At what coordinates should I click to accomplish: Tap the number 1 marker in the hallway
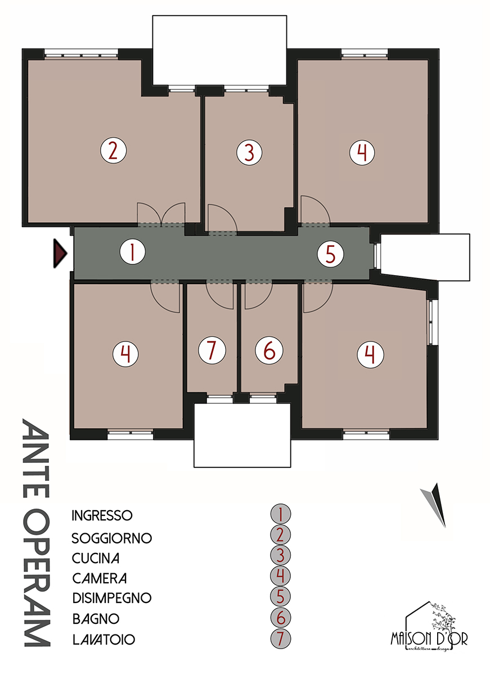pyautogui.click(x=132, y=253)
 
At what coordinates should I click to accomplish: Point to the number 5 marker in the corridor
pyautogui.click(x=330, y=254)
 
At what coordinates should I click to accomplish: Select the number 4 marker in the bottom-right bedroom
pyautogui.click(x=370, y=354)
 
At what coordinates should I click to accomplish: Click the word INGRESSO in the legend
pyautogui.click(x=102, y=515)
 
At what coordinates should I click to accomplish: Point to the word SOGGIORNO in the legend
pyautogui.click(x=112, y=538)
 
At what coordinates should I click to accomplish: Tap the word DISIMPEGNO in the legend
pyautogui.click(x=112, y=597)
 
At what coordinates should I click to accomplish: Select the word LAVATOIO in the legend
pyautogui.click(x=104, y=640)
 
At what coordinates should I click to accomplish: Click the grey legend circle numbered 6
pyautogui.click(x=280, y=618)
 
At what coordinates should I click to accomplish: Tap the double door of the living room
pyautogui.click(x=161, y=214)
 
